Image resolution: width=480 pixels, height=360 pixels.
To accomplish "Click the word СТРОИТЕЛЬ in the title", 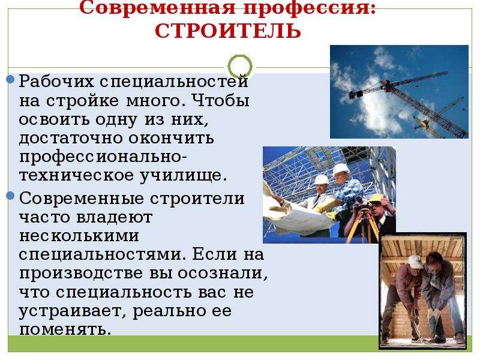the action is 228,31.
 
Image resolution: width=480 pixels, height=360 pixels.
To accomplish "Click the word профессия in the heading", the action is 310,8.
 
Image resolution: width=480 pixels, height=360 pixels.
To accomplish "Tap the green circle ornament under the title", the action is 240,67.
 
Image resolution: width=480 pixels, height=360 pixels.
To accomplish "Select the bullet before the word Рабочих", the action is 10,79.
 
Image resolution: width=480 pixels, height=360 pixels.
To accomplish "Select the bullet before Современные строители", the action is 10,196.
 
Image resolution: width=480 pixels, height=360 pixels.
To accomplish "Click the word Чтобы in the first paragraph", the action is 222,100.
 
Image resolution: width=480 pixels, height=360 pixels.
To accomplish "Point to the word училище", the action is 184,176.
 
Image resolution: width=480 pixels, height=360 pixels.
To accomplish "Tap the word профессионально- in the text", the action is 103,157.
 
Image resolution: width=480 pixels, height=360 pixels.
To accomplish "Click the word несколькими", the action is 79,236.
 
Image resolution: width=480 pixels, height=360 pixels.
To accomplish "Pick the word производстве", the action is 82,274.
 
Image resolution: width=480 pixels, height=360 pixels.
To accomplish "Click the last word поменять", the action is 65,329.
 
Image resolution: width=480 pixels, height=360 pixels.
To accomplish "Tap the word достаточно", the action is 71,138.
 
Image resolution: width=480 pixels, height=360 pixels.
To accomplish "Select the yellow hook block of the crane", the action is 425,124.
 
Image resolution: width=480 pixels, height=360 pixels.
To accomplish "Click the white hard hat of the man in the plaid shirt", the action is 340,169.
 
